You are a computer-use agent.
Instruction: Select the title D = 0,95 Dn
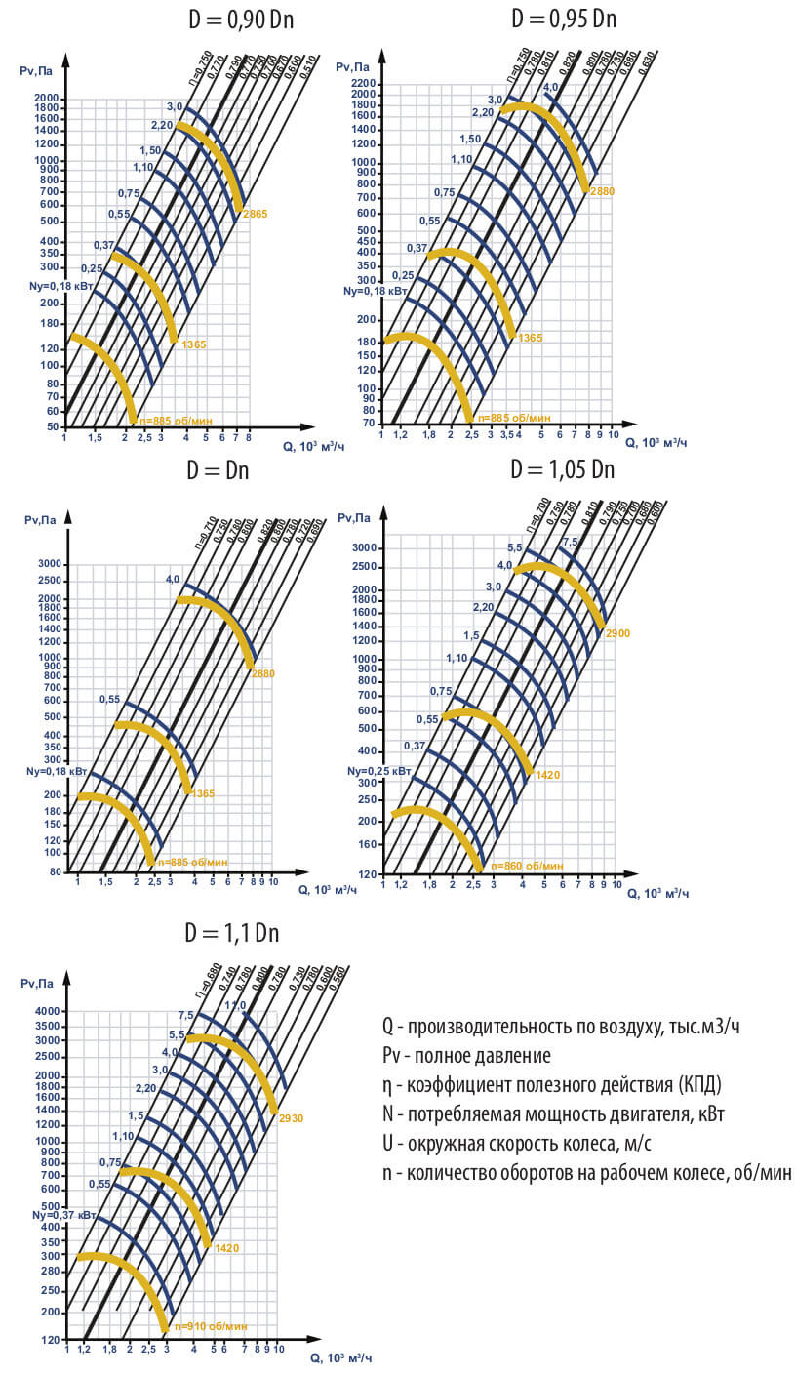point(563,19)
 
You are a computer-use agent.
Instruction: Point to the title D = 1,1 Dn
point(232,932)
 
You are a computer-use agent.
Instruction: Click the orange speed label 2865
point(255,213)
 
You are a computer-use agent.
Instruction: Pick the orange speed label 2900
point(617,633)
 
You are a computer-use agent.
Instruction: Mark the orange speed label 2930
point(291,1116)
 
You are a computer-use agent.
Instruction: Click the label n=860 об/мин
point(527,866)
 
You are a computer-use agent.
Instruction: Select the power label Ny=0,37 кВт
point(62,1215)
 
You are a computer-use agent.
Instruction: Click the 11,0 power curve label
point(235,1005)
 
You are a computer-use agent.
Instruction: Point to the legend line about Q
point(568,1026)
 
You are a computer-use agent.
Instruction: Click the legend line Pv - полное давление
point(466,1055)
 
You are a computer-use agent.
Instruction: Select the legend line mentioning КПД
point(552,1084)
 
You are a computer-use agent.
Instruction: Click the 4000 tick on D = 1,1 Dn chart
point(49,1011)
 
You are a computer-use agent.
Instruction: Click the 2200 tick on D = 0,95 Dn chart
point(364,84)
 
